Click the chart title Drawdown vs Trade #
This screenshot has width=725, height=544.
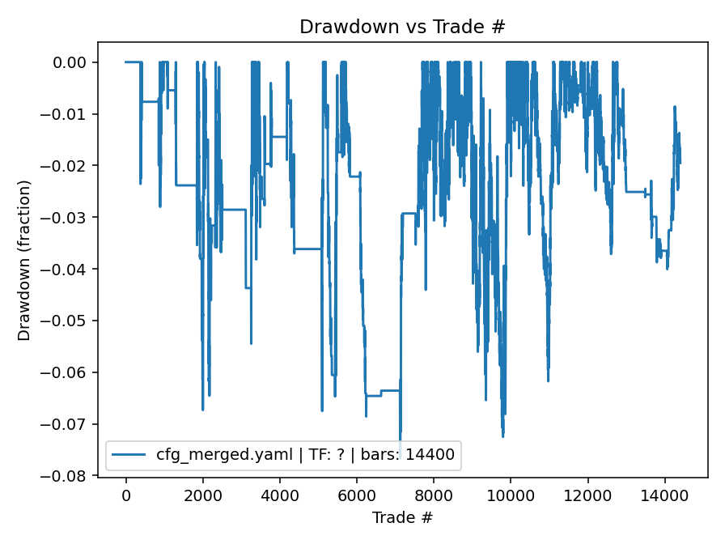pyautogui.click(x=402, y=27)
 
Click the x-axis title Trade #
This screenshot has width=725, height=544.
pyautogui.click(x=402, y=517)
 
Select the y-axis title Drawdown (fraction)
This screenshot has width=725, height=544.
pyautogui.click(x=25, y=260)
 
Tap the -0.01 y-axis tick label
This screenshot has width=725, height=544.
pyautogui.click(x=70, y=114)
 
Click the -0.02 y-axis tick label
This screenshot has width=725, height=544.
pyautogui.click(x=70, y=166)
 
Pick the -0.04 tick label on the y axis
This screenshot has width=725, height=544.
pyautogui.click(x=70, y=269)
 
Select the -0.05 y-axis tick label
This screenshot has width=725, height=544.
pyautogui.click(x=70, y=321)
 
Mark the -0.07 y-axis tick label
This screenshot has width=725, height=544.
pyautogui.click(x=70, y=424)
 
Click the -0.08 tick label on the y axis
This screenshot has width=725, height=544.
pyautogui.click(x=70, y=476)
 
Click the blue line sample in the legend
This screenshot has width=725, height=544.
pyautogui.click(x=130, y=456)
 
